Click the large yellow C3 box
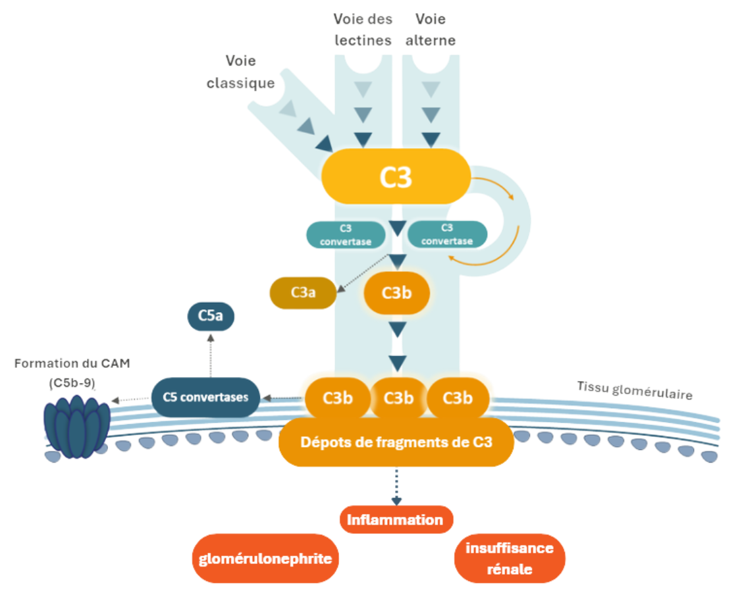click(x=396, y=176)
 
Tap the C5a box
click(x=211, y=317)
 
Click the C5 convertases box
click(x=205, y=397)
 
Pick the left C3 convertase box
click(x=346, y=234)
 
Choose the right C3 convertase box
click(x=447, y=234)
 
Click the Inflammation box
click(x=396, y=519)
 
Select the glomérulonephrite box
click(x=265, y=559)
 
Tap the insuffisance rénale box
click(x=510, y=559)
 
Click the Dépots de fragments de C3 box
click(x=396, y=442)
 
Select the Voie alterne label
click(x=431, y=30)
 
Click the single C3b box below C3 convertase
click(x=396, y=292)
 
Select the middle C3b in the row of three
click(x=398, y=398)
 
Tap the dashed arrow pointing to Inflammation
click(x=396, y=487)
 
